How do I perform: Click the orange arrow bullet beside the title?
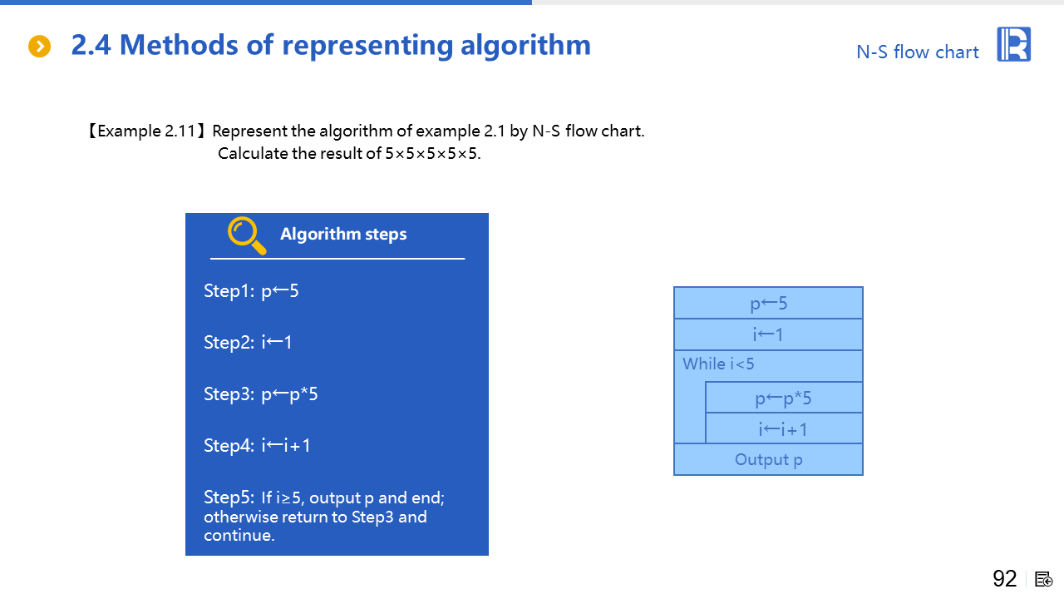[x=39, y=46]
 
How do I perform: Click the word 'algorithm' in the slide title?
[x=525, y=46]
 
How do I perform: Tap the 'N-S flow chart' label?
[x=917, y=52]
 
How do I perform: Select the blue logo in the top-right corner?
[x=1013, y=44]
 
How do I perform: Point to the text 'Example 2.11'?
[x=146, y=131]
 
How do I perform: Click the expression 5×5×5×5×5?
[x=431, y=154]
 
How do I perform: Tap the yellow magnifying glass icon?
[x=247, y=235]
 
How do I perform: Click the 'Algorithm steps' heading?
[x=343, y=234]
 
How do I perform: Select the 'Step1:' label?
[x=229, y=291]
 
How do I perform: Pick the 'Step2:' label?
[x=229, y=342]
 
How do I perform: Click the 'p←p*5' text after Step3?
[x=289, y=394]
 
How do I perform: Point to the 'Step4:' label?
[x=229, y=445]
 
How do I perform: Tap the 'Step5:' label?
[x=229, y=497]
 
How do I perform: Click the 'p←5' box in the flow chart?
[x=768, y=303]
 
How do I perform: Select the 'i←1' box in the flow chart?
[x=768, y=334]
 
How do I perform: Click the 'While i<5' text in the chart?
[x=718, y=364]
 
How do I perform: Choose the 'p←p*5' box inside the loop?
[x=784, y=398]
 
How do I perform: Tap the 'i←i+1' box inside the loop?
[x=784, y=428]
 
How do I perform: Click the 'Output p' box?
[x=768, y=460]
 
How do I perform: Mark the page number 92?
[x=1005, y=578]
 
